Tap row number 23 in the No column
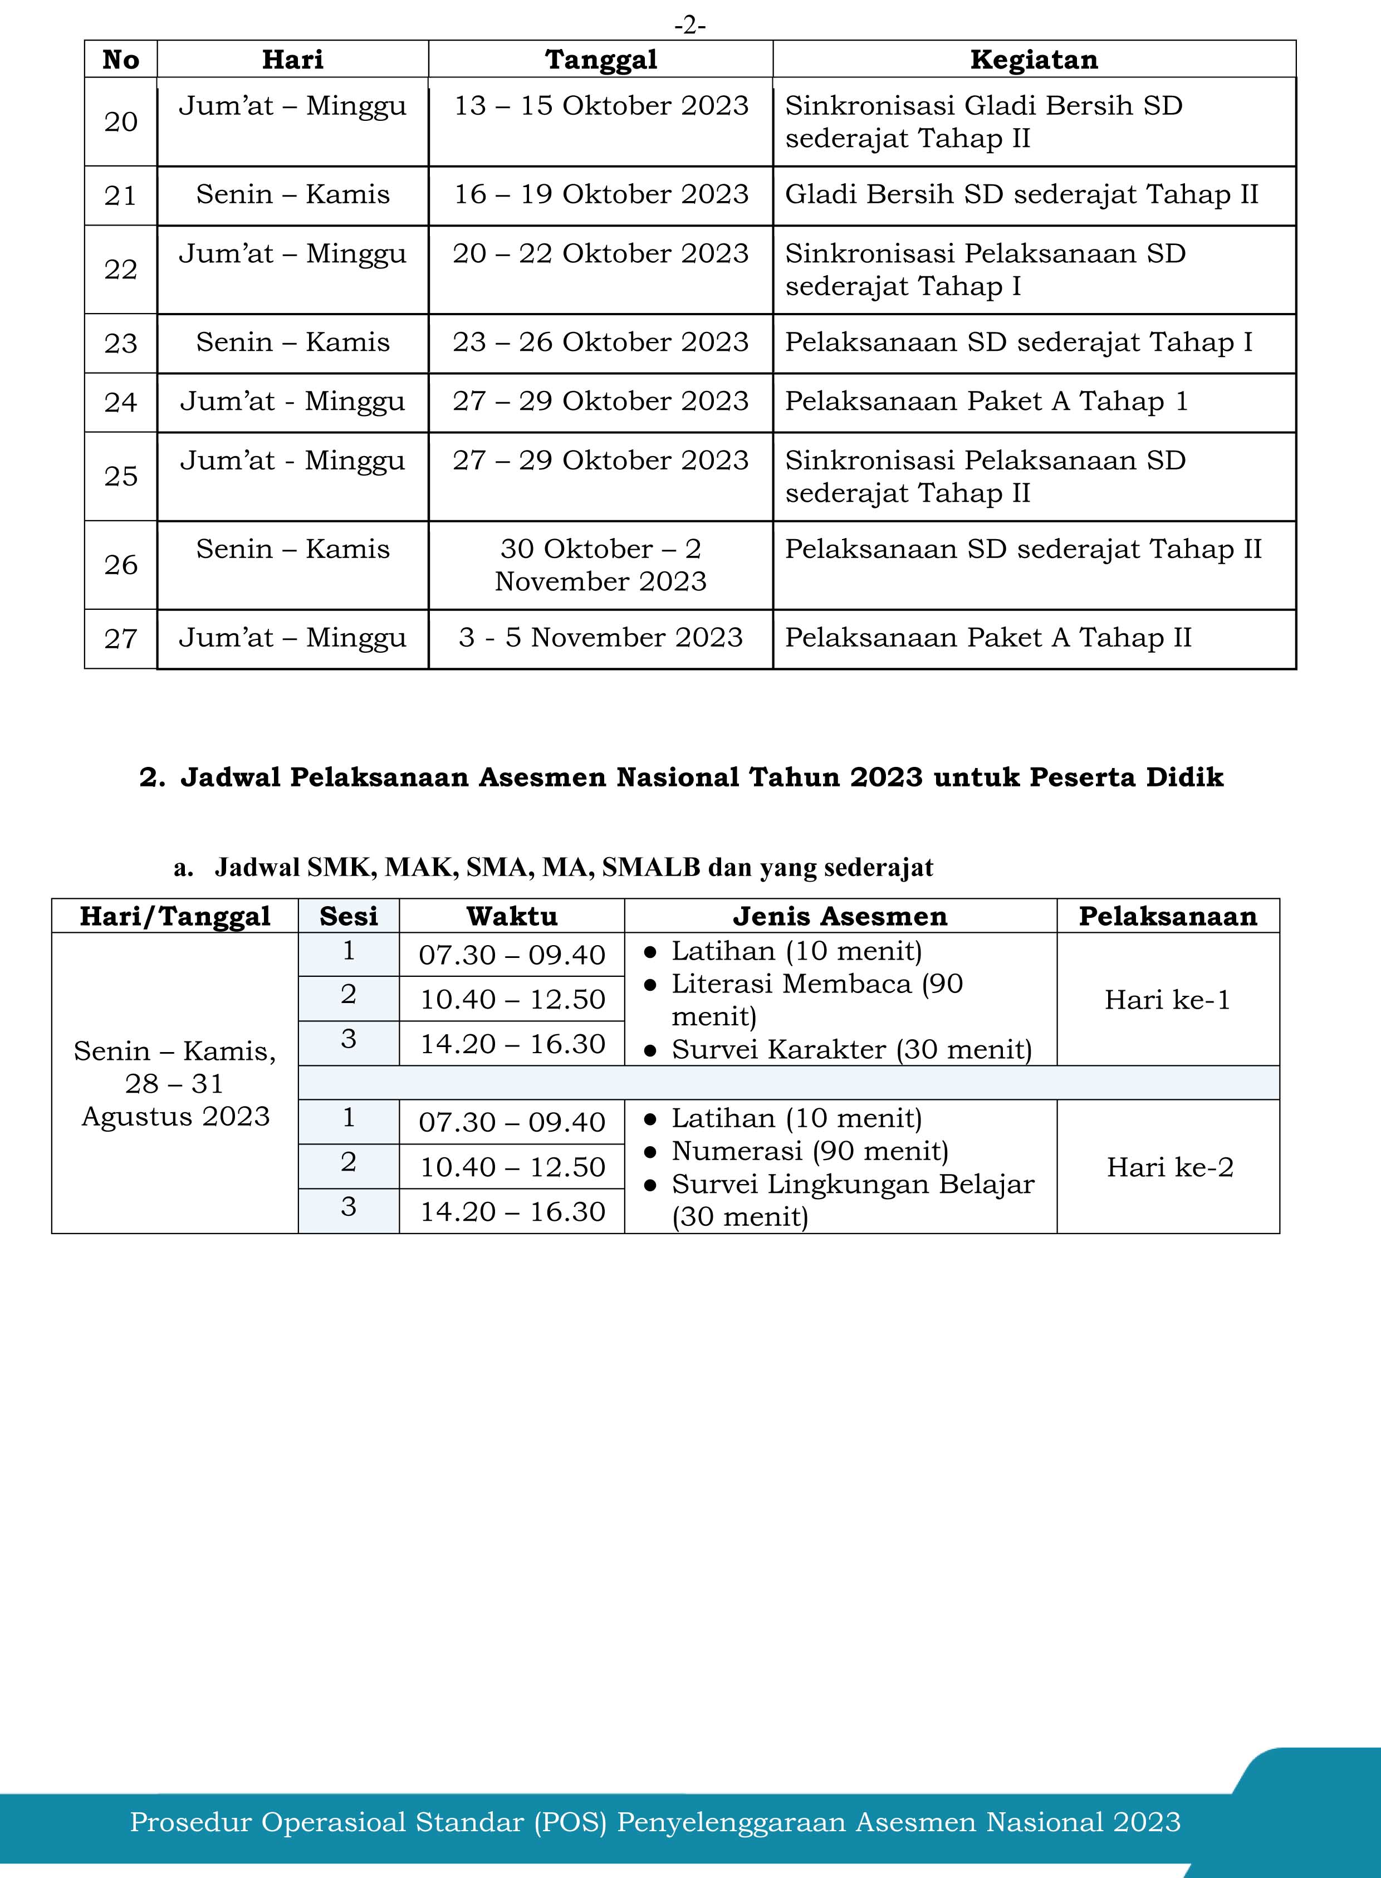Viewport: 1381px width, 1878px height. pos(120,343)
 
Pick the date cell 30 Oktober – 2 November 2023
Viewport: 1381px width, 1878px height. pos(600,564)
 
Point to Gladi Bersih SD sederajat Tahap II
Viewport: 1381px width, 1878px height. pos(1021,194)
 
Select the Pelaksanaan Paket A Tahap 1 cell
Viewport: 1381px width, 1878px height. pos(986,402)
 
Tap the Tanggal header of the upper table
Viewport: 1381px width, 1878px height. pos(600,60)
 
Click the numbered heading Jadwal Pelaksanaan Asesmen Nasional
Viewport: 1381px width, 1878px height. pos(681,777)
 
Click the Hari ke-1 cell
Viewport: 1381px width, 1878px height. pos(1167,999)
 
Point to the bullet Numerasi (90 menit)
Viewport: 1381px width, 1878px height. pos(809,1151)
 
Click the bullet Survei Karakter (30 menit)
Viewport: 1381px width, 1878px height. pos(851,1049)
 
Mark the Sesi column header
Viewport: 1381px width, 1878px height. pos(349,916)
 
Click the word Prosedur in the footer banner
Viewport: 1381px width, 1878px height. pos(190,1821)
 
